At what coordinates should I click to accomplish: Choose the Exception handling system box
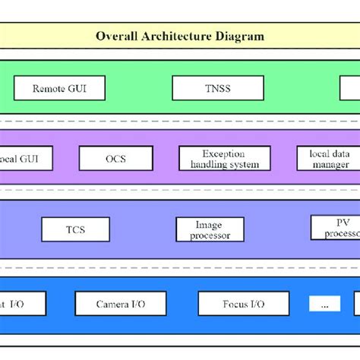coord(219,158)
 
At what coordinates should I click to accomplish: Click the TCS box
coord(75,229)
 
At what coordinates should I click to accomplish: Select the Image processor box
coord(210,229)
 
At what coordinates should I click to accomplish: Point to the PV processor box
coord(335,228)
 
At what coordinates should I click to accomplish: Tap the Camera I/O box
coord(120,304)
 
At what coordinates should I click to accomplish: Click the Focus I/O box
coord(244,304)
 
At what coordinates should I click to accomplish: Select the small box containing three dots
coord(325,304)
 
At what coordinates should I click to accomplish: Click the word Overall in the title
coord(115,36)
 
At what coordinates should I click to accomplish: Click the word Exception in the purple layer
coord(219,153)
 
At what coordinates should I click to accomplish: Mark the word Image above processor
coord(210,224)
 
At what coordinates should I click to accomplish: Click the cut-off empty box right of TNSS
coord(350,88)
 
